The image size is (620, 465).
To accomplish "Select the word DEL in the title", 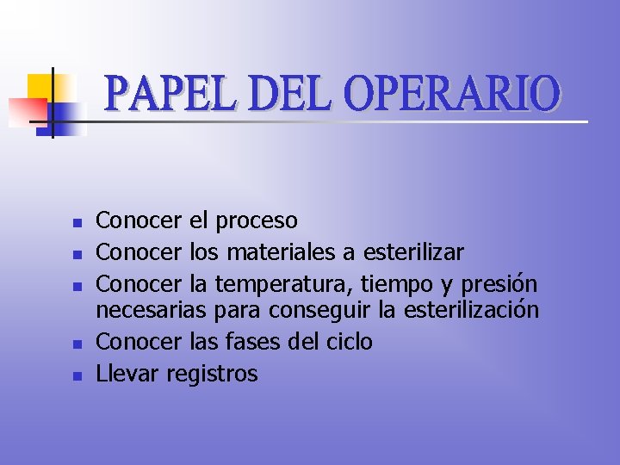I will [x=288, y=96].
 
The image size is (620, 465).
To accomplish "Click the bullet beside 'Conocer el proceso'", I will [x=77, y=223].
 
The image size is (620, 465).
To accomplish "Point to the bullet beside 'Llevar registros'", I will [x=77, y=375].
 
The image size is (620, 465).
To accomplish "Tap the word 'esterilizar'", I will [x=413, y=252].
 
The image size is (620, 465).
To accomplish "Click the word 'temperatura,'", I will [x=284, y=283].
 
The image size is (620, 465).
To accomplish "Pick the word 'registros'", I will [x=212, y=374].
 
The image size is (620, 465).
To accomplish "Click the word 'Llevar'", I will [x=127, y=374].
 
